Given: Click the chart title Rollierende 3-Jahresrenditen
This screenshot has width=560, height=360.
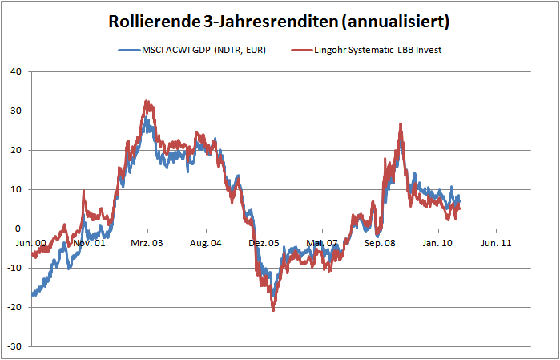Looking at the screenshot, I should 279,21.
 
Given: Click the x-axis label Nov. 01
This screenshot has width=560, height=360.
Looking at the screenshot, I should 90,241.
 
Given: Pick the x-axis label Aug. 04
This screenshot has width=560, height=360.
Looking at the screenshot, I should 205,241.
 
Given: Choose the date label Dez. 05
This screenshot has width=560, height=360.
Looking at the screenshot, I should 263,241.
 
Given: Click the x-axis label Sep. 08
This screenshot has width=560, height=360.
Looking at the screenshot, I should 379,241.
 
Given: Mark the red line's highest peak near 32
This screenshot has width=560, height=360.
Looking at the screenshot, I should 146,102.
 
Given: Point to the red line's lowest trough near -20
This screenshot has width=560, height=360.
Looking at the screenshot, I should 273,309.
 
